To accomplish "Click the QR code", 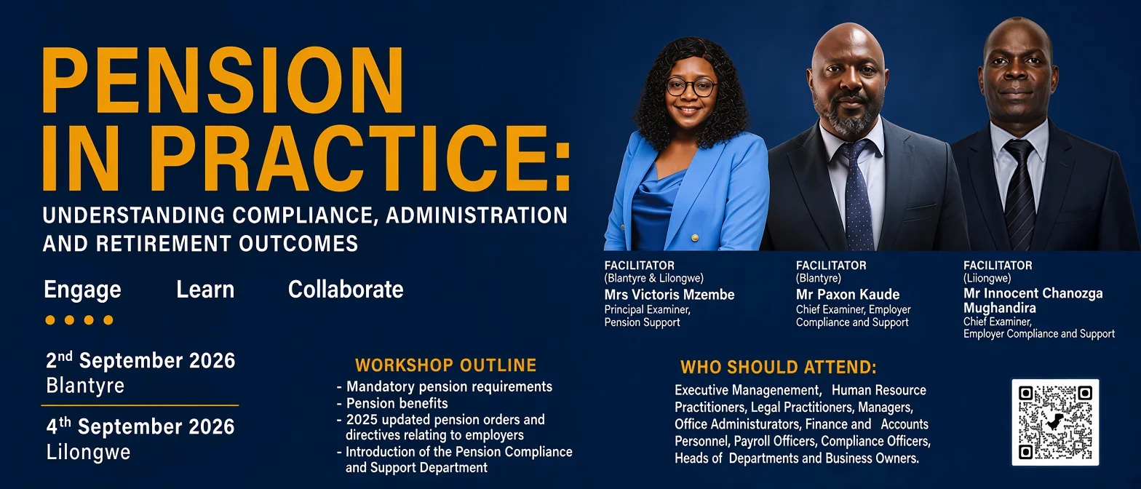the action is click(1055, 422).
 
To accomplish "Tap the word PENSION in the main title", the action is click(223, 81).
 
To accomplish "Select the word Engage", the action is click(82, 290).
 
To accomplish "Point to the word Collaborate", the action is click(346, 290).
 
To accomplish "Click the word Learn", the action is click(205, 290).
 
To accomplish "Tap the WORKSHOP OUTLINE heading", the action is click(445, 365).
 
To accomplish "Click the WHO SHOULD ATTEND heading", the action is click(779, 367).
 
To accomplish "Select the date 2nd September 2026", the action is click(140, 361).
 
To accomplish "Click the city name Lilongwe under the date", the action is click(88, 453).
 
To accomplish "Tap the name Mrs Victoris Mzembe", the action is click(669, 295).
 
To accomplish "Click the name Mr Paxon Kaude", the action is click(848, 295).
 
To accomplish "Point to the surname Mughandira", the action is click(999, 309).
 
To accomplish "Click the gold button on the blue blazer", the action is click(693, 237).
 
